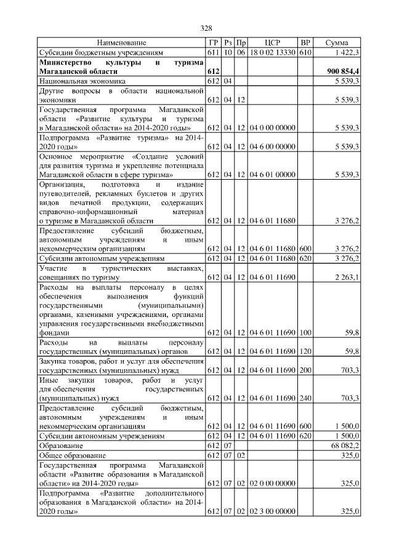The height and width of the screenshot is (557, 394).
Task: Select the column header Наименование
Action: (122, 42)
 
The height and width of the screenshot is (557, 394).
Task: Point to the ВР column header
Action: (305, 42)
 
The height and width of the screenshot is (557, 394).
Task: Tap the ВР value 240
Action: (305, 399)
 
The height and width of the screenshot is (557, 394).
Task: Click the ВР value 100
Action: (305, 332)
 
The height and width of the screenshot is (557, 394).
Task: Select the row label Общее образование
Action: (71, 455)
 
